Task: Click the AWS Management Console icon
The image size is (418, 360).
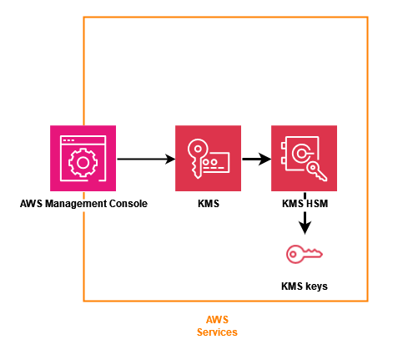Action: click(83, 159)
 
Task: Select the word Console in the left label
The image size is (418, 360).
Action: click(127, 204)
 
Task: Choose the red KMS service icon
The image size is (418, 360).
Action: click(208, 159)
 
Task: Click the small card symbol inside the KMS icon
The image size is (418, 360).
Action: click(219, 161)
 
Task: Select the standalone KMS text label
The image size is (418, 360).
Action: click(208, 204)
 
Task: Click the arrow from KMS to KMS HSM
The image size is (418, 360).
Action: click(256, 159)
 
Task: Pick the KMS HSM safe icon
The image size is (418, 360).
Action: click(305, 159)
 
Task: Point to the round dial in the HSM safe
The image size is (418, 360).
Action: click(303, 153)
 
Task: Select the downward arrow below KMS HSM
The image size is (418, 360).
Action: click(305, 222)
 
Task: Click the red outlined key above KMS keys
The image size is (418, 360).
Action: click(305, 254)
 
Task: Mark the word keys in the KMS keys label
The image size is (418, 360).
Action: click(315, 286)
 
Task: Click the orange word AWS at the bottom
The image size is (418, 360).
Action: click(216, 320)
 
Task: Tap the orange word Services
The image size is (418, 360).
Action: click(216, 332)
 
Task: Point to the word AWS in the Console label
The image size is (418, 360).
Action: click(32, 204)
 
